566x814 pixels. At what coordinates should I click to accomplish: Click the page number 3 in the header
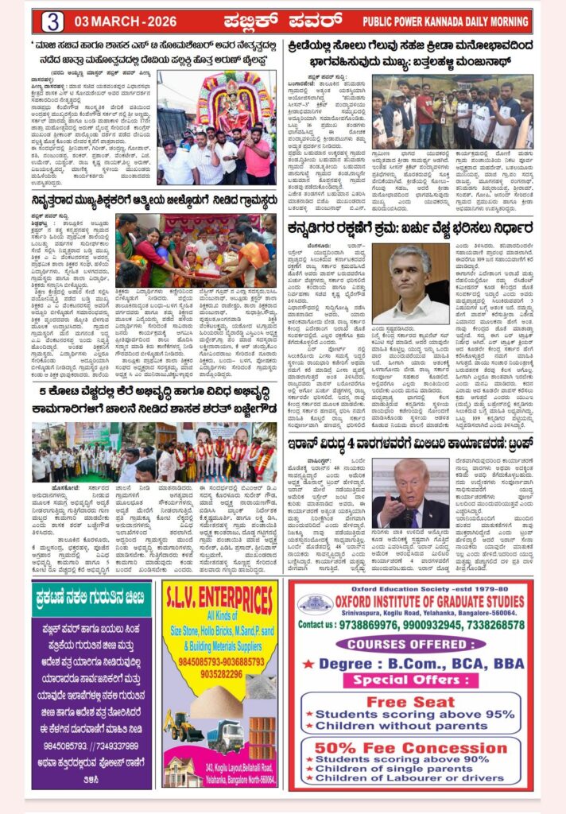pos(52,21)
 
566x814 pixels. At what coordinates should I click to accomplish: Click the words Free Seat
pos(411,702)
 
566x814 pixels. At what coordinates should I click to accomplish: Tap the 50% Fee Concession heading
pos(410,748)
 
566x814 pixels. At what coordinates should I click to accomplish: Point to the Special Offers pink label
pos(411,680)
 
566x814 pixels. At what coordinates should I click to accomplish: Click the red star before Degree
pos(308,663)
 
